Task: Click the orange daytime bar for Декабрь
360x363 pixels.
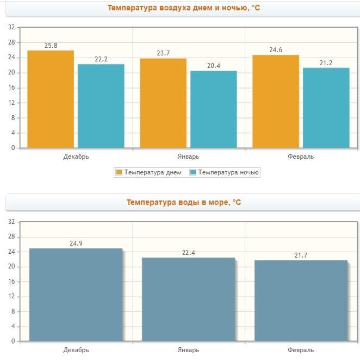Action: (51, 99)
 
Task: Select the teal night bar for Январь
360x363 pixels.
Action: (213, 109)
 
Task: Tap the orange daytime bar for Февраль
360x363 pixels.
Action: (276, 101)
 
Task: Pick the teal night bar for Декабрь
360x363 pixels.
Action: (101, 106)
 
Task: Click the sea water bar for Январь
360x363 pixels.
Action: (188, 299)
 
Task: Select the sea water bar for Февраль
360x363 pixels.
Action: (301, 301)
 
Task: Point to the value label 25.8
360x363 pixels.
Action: (51, 46)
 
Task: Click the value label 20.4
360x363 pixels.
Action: (214, 66)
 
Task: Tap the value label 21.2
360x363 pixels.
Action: (326, 63)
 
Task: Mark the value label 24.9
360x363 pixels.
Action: (76, 243)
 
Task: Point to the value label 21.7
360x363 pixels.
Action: (301, 255)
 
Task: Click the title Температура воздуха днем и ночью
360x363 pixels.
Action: (180, 8)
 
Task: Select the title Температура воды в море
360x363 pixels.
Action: (183, 202)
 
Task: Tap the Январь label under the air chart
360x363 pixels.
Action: (189, 157)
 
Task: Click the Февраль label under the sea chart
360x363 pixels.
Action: (301, 350)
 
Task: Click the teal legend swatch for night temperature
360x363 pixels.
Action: (193, 173)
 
